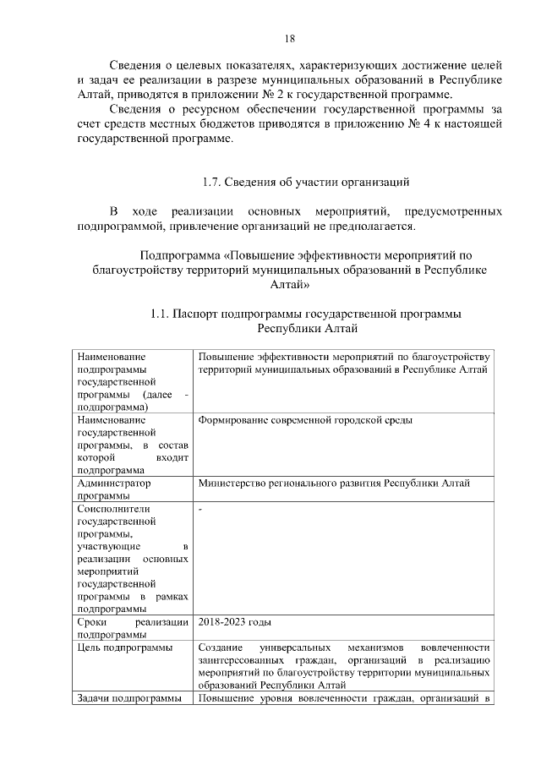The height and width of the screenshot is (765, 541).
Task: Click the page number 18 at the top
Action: point(289,39)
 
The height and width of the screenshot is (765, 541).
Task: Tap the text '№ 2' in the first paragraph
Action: point(320,95)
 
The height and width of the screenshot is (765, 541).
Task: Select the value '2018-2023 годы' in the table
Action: point(235,622)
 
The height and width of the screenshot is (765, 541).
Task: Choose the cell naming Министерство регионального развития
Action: point(334,484)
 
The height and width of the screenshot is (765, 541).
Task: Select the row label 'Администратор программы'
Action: point(113,489)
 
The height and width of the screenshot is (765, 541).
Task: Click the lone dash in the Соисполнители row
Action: point(200,509)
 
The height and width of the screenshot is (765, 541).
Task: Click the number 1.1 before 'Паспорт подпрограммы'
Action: point(158,314)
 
